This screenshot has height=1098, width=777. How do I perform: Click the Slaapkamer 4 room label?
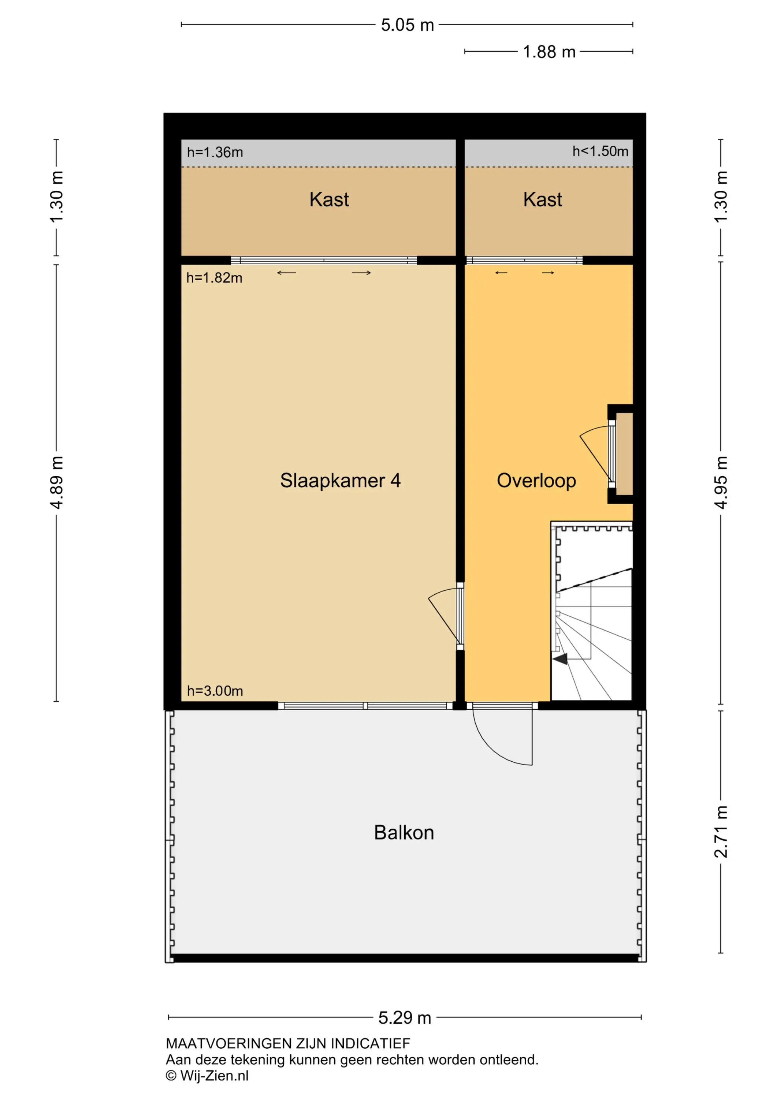pos(340,481)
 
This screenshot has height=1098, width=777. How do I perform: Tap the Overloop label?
pos(536,481)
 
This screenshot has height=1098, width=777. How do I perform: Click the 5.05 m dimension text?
pos(408,25)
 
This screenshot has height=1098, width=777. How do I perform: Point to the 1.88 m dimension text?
pos(549,52)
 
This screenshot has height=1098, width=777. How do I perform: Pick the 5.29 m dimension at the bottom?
pos(405,1017)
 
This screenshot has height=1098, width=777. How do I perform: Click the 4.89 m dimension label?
pos(56,482)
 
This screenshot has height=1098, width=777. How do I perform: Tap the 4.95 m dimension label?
pos(721,482)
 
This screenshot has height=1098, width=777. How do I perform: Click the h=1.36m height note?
pos(215,152)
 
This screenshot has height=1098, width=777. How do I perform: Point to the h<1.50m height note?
pos(601,151)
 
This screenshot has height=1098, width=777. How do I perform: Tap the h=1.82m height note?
pos(214,278)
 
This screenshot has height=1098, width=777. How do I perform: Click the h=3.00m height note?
pos(215,691)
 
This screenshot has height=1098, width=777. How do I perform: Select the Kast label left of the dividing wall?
pos(329,199)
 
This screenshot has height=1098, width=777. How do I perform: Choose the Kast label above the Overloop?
pos(543,199)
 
